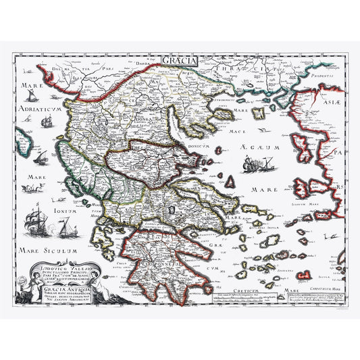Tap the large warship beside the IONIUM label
click(34, 220)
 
